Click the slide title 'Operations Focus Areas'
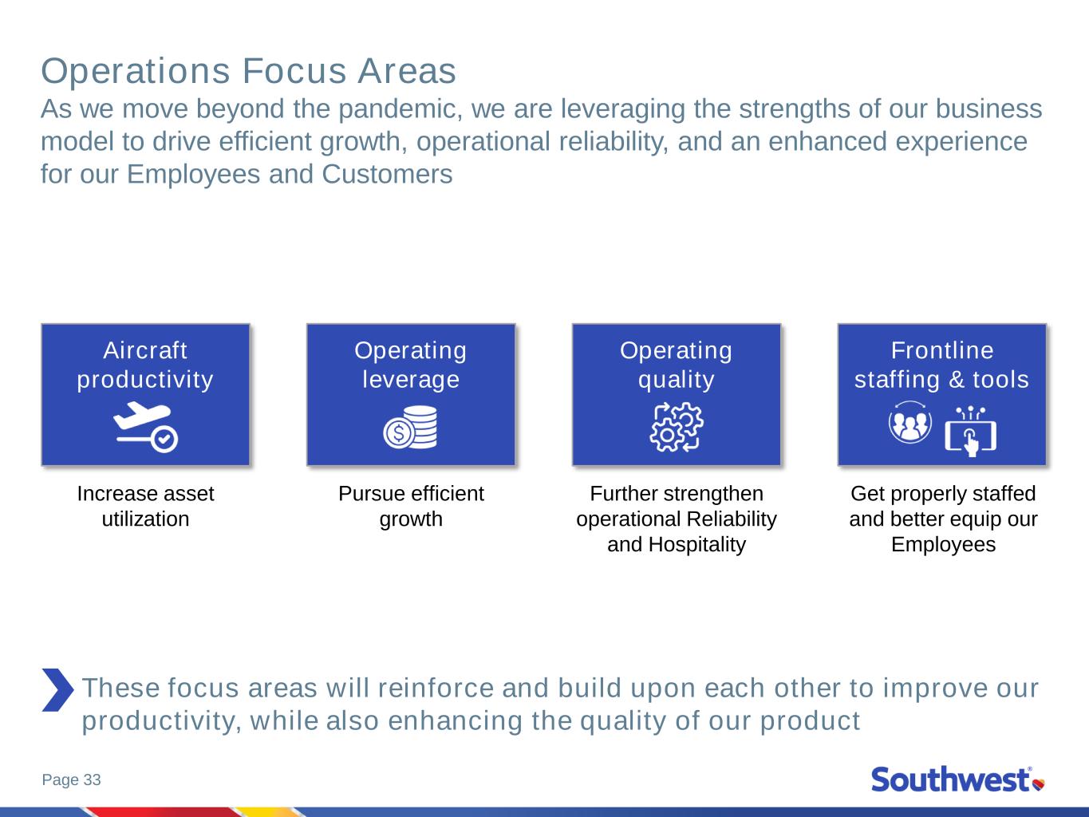[x=248, y=71]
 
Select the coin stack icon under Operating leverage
[x=411, y=427]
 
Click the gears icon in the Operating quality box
[x=677, y=427]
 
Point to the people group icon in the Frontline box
[x=909, y=422]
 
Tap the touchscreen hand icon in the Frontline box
[x=970, y=432]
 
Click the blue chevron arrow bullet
[x=57, y=689]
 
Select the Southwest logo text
[x=950, y=780]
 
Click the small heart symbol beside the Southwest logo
[x=1039, y=784]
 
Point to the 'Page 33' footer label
[x=72, y=780]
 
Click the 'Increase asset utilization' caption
[x=145, y=506]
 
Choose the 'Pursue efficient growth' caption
[x=411, y=506]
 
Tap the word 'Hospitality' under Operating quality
[x=697, y=545]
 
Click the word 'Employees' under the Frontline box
[x=943, y=545]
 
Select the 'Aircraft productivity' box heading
[x=145, y=365]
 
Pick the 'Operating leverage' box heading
[x=411, y=365]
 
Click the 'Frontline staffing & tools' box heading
[x=941, y=365]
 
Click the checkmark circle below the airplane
[x=164, y=439]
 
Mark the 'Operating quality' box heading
[x=677, y=365]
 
